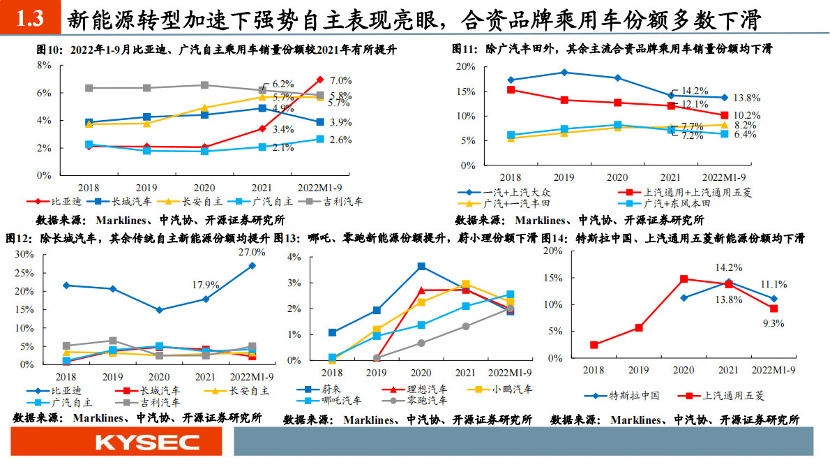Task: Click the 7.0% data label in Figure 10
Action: [340, 80]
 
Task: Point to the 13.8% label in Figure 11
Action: [746, 98]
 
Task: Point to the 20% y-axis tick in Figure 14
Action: [552, 251]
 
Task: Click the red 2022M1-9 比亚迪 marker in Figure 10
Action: [320, 80]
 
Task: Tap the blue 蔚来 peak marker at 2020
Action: [421, 266]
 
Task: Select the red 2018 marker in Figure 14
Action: [594, 345]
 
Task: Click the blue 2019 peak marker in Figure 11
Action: [564, 72]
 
